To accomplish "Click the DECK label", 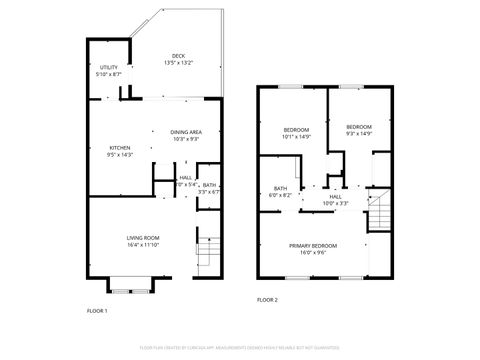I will [x=178, y=56].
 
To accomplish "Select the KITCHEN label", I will [x=119, y=148].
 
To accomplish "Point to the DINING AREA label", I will [x=186, y=131].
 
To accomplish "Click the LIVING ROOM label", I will [x=143, y=237].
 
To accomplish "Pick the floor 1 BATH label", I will [x=209, y=185].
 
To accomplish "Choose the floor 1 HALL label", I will [x=186, y=178].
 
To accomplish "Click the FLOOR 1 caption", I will [x=97, y=311].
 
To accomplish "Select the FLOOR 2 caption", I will [x=267, y=299].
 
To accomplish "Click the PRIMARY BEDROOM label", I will [x=313, y=245].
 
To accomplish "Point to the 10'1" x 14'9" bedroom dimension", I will [x=296, y=136].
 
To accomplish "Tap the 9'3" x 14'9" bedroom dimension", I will [x=359, y=133].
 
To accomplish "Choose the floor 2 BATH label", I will [x=281, y=189].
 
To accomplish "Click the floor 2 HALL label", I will [x=337, y=197].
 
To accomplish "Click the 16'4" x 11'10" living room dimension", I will [x=143, y=243].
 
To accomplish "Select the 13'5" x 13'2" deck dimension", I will [x=178, y=63].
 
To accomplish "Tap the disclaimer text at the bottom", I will [x=240, y=348].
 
